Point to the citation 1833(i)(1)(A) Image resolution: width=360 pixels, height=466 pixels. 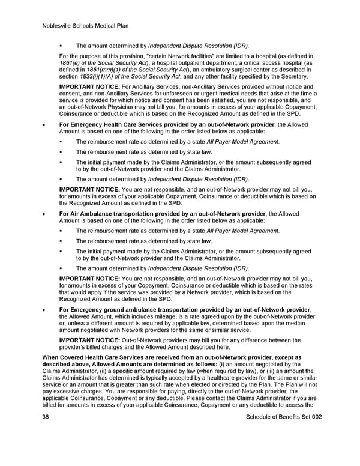(101, 76)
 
